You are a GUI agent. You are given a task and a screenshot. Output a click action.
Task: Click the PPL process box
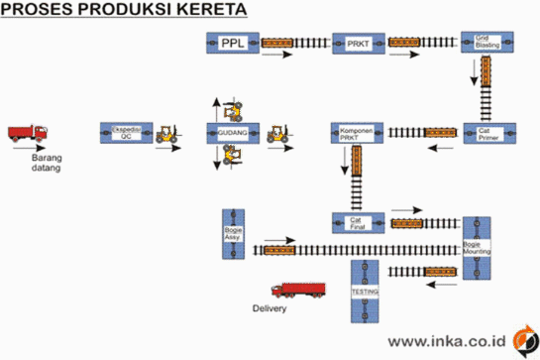click(x=234, y=44)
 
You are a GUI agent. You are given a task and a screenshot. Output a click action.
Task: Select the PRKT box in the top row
click(x=357, y=44)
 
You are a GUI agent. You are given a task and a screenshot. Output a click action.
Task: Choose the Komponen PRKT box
click(x=357, y=133)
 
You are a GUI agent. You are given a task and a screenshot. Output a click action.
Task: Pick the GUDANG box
click(x=234, y=133)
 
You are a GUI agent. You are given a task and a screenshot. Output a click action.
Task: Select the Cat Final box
click(x=357, y=222)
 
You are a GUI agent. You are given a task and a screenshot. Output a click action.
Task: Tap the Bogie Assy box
click(x=234, y=233)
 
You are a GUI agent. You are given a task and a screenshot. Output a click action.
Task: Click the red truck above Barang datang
click(x=27, y=133)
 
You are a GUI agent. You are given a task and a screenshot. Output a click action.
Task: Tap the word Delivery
click(x=270, y=308)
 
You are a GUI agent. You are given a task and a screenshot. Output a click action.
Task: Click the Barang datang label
click(x=40, y=162)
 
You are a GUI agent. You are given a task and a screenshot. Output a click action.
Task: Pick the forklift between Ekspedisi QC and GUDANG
click(x=170, y=131)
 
